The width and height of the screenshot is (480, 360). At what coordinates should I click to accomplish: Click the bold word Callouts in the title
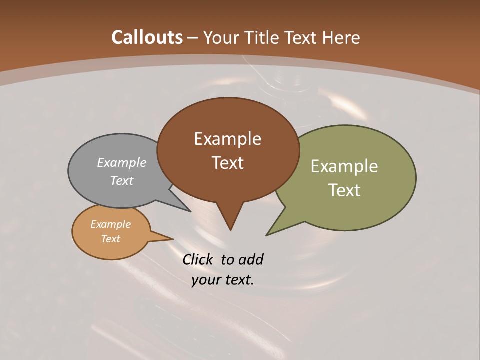click(147, 37)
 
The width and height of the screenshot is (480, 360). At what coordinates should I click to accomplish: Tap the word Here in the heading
click(342, 38)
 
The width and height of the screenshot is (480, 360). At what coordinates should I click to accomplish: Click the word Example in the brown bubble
click(227, 139)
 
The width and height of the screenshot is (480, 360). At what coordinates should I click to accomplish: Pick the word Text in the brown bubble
click(227, 163)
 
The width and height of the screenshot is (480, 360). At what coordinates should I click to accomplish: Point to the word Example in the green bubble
click(344, 166)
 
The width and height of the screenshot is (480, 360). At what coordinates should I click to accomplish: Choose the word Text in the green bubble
click(344, 190)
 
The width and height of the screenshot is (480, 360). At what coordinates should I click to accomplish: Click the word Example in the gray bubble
click(122, 162)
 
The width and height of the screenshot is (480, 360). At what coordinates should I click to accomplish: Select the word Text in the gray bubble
click(122, 180)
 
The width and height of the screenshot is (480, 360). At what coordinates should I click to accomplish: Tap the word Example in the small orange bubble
click(110, 224)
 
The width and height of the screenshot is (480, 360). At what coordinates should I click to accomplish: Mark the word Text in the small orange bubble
click(110, 239)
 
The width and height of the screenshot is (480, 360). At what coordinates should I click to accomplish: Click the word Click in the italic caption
click(198, 260)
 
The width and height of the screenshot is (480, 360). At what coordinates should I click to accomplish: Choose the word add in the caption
click(250, 260)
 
